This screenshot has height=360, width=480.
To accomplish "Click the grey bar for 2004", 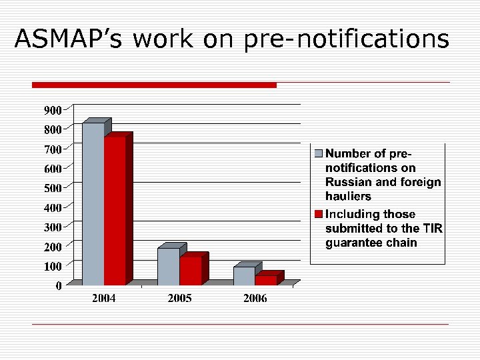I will coord(93,203).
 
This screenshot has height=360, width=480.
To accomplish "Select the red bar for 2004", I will coord(115,211).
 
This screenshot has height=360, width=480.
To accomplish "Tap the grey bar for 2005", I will coord(169,266).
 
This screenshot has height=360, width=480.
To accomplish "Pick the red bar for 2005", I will coord(191,270).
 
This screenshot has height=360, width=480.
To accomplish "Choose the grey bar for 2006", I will coord(244,275).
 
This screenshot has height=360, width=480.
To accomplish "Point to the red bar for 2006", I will coord(265,280).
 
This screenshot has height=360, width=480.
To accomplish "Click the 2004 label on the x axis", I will coord(104,299).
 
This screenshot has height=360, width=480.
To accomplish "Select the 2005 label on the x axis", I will coord(179,299).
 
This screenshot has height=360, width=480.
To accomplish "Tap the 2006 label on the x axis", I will coord(255,299).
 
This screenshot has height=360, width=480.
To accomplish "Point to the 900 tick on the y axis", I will coord(53,109).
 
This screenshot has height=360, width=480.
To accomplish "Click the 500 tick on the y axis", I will coord(53,188).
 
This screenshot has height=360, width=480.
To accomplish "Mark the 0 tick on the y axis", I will coord(59,286).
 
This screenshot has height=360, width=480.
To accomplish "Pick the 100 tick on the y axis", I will coord(53,266).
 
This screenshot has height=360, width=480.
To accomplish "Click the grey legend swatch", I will coord(319,154).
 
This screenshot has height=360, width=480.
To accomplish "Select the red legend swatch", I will coord(319,215).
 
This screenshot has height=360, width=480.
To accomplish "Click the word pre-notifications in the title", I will coord(347,39).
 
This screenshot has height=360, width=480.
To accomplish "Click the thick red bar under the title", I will coord(154,85).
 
